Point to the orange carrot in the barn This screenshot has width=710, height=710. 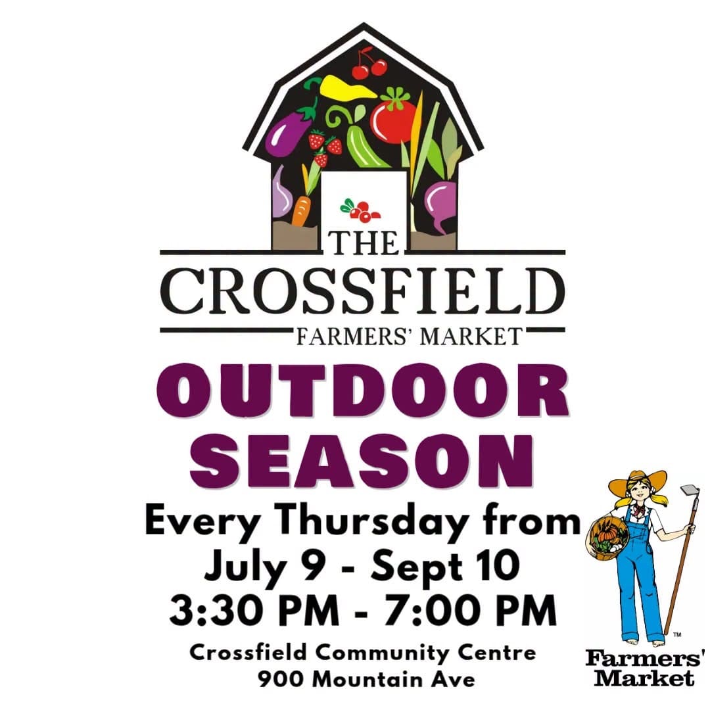click(x=301, y=209)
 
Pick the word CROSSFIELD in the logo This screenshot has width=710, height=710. click(x=362, y=292)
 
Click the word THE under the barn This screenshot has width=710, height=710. click(x=364, y=244)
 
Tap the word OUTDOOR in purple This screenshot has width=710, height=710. click(x=362, y=390)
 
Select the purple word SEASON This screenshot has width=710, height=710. click(x=362, y=460)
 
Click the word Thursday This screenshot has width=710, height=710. click(x=372, y=523)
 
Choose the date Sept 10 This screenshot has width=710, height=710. click(x=445, y=566)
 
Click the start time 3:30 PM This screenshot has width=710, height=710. click(x=254, y=610)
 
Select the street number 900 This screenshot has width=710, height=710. click(x=281, y=679)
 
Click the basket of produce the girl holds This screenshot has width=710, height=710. click(x=607, y=538)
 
